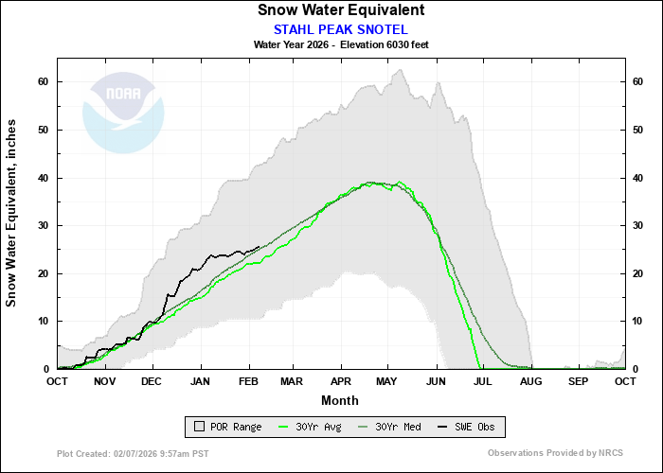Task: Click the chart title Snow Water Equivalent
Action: click(341, 10)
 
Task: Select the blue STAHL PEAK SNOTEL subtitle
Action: click(340, 28)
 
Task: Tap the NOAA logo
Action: click(123, 113)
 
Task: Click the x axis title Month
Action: click(340, 400)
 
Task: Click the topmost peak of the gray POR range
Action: click(400, 69)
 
